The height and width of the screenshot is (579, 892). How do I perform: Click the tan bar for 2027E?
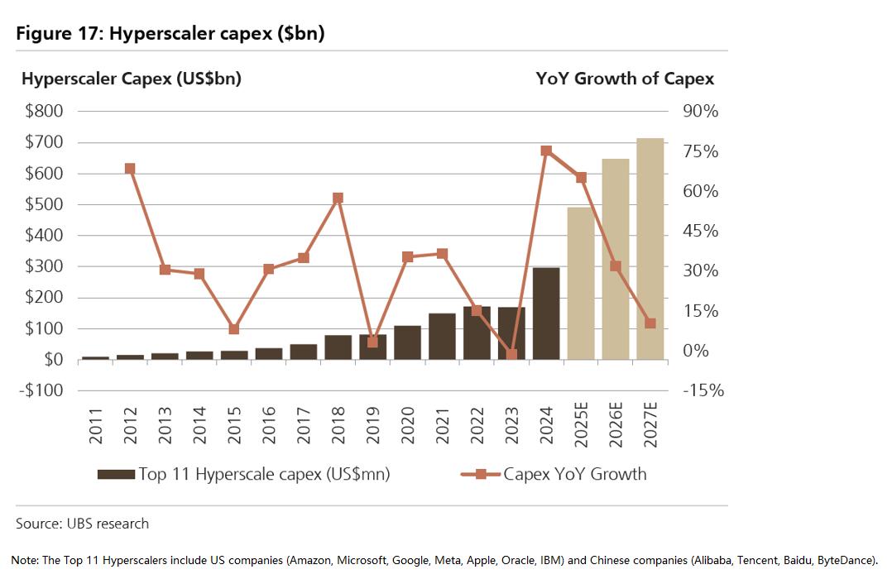650,249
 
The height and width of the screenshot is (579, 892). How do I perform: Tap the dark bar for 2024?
546,313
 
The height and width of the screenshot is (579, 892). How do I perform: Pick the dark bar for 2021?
442,337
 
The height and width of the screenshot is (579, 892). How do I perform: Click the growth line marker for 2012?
130,169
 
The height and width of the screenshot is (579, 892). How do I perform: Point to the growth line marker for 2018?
338,199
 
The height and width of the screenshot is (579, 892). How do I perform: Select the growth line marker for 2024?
546,151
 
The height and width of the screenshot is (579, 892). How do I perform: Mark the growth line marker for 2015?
234,329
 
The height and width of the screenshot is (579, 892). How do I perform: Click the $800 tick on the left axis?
44,111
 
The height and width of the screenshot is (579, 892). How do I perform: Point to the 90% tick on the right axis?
700,111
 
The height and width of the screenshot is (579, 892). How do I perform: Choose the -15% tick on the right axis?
703,390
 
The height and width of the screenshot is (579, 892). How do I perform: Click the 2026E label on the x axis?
616,425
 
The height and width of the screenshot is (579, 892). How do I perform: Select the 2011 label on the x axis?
96,425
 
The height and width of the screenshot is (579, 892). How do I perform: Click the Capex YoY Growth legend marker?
480,474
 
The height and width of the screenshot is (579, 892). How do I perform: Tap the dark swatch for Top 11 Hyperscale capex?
116,474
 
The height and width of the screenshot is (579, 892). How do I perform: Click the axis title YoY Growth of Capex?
625,79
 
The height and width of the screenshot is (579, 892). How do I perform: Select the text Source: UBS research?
83,524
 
